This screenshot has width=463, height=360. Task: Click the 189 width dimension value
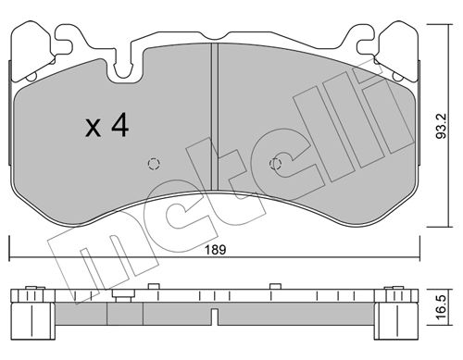pyautogui.click(x=216, y=250)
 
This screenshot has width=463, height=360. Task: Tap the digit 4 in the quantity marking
pyautogui.click(x=119, y=124)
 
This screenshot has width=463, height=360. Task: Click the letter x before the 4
pyautogui.click(x=93, y=129)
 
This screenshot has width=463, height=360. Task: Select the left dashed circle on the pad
pyautogui.click(x=154, y=164)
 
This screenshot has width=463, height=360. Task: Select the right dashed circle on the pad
pyautogui.click(x=275, y=164)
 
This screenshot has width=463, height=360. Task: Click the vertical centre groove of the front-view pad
pyautogui.click(x=215, y=117)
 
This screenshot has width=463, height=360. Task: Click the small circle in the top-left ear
pyautogui.click(x=31, y=77)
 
